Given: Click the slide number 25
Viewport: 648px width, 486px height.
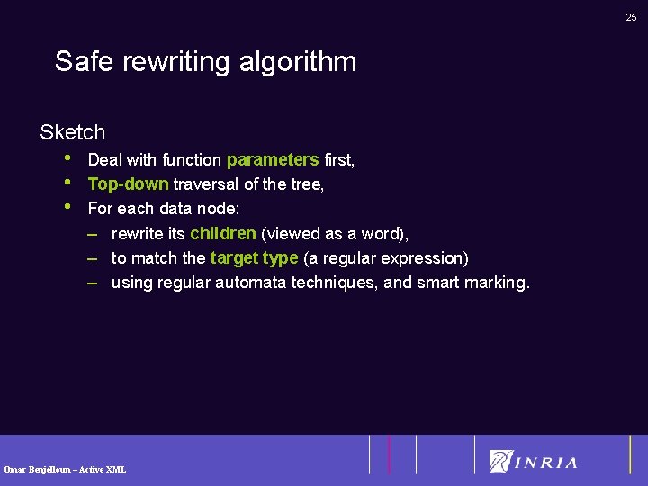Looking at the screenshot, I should pos(632,16).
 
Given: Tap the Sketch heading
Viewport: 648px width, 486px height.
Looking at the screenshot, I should pos(72,132).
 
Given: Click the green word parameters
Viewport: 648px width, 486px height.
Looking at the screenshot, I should pos(273,160).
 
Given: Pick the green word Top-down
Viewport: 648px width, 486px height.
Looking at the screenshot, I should pos(128,184).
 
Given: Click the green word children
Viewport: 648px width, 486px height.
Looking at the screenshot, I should pos(223,234).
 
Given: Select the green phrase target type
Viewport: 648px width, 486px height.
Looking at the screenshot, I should pos(254,258).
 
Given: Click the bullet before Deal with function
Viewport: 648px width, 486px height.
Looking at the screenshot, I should pos(68,158).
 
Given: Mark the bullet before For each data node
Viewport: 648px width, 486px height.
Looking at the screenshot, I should pos(68,207).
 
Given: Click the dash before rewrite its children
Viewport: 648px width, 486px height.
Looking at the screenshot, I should pos(93,234).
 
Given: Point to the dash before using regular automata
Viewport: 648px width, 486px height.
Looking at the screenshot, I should pos(93,283).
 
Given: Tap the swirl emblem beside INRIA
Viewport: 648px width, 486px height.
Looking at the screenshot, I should pos(500,461).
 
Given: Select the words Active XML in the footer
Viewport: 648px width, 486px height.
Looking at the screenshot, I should pos(105,469).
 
